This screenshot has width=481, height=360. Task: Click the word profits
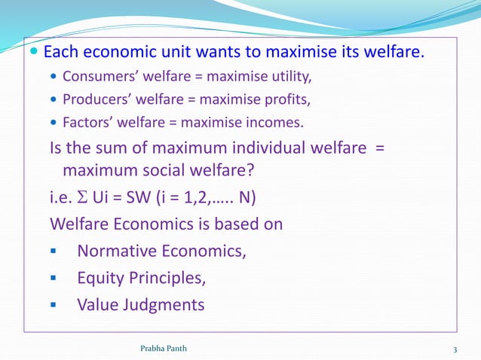point(287,98)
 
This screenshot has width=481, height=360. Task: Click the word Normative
point(116,251)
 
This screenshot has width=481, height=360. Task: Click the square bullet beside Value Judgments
point(54,306)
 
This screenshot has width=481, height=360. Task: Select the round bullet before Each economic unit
point(35,53)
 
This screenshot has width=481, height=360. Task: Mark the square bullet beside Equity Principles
point(54,278)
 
